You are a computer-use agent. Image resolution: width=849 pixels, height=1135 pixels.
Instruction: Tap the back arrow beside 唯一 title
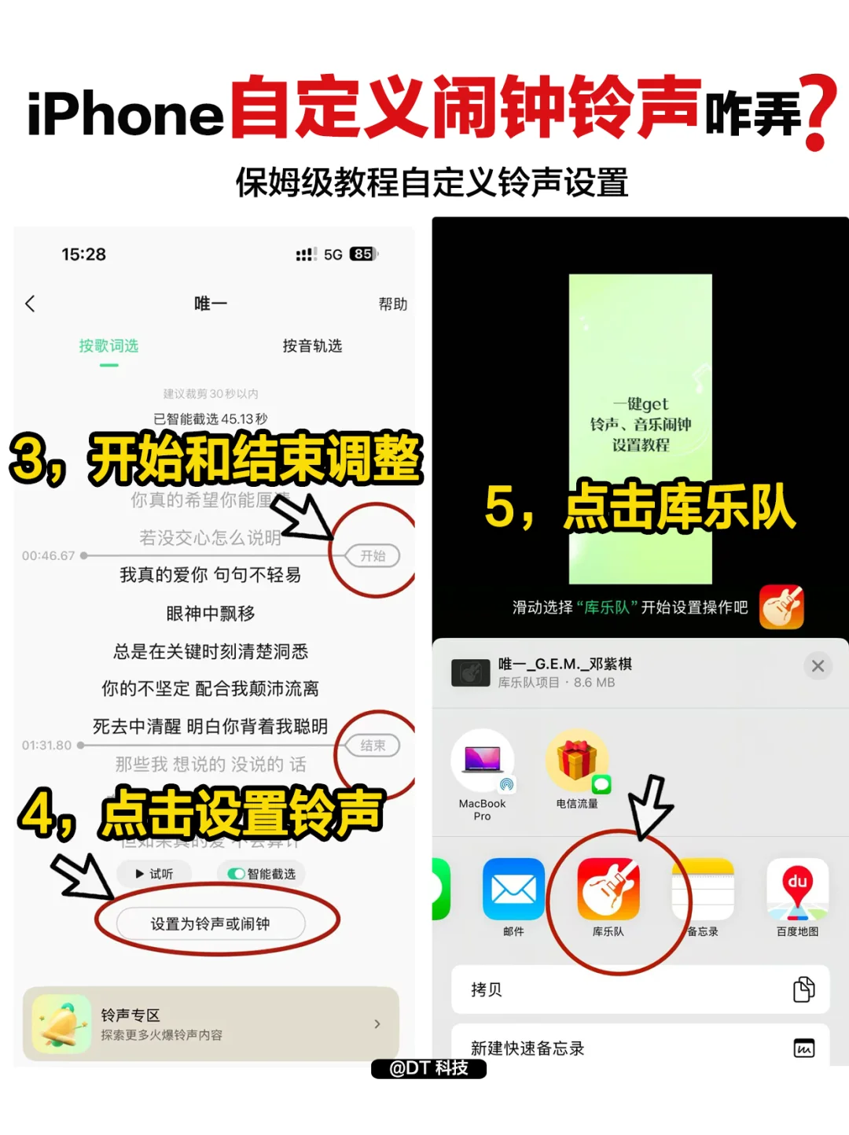(x=31, y=304)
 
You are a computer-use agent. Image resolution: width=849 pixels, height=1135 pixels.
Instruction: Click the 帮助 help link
(x=392, y=304)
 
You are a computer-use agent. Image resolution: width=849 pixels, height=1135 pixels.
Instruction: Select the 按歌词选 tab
(x=108, y=346)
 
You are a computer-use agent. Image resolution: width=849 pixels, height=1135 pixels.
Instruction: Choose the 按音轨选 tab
(x=312, y=346)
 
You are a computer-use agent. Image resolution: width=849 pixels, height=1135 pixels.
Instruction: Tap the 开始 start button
(x=373, y=555)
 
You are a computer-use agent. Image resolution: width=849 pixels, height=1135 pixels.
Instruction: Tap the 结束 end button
(x=373, y=745)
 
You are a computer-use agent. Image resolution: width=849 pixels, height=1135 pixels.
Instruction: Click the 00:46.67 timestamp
(x=48, y=555)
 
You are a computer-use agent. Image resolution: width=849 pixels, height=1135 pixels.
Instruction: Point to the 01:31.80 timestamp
(x=46, y=745)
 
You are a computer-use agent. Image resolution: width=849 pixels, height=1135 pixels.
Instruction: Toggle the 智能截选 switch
(x=236, y=874)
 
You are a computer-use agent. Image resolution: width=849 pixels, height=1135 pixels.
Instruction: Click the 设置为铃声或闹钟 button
(x=210, y=923)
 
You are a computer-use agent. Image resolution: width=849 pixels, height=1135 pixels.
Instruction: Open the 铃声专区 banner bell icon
(x=61, y=1023)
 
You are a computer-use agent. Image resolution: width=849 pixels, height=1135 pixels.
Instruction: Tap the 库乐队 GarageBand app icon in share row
(x=608, y=889)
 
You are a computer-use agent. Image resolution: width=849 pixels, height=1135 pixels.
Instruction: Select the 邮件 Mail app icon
(x=513, y=889)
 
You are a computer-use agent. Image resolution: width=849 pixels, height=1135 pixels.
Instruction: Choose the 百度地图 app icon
(x=797, y=889)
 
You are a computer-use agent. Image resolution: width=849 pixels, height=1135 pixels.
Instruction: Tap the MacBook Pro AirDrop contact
(x=482, y=761)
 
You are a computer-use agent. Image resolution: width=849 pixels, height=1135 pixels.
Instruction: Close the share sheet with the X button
(x=818, y=666)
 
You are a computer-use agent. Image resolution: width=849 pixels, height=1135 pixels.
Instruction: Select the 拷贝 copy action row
(x=640, y=989)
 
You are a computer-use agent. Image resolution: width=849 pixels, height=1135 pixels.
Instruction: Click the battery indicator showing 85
(x=363, y=254)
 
